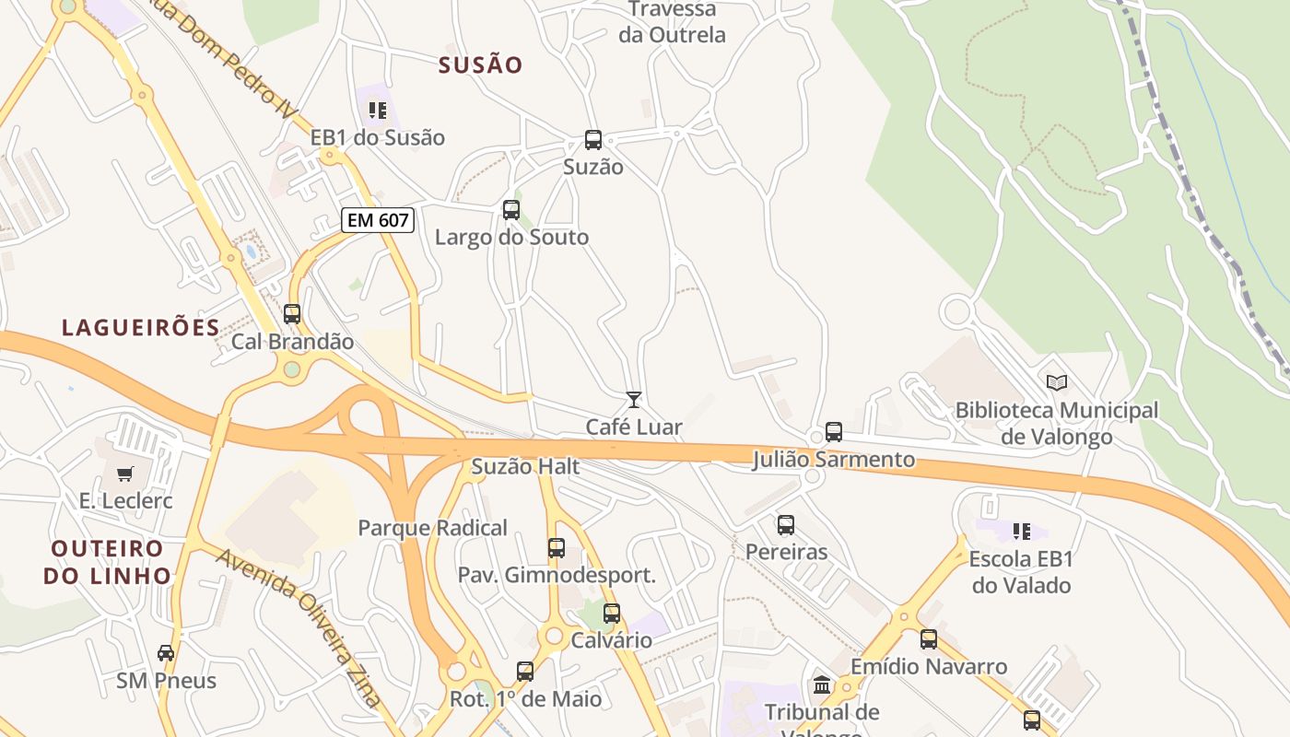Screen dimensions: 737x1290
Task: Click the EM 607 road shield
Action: (x=377, y=220)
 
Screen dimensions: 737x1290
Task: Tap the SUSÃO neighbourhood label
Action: (x=480, y=65)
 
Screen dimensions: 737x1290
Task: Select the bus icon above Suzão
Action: (x=593, y=140)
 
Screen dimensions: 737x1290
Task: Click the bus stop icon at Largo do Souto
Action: (x=511, y=210)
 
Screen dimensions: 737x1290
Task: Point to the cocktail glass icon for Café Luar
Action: (x=634, y=399)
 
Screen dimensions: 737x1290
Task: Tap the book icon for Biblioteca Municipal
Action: (x=1057, y=382)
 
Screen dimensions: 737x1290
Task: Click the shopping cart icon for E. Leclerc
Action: (x=124, y=474)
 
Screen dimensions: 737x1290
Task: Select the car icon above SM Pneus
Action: (x=166, y=653)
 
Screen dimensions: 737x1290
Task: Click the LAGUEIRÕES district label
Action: (x=141, y=327)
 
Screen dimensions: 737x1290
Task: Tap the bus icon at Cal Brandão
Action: (x=292, y=314)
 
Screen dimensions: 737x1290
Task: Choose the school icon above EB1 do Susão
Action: (x=377, y=111)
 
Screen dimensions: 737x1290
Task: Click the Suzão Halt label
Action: (x=525, y=467)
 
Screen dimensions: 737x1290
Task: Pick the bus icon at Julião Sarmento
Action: (x=834, y=431)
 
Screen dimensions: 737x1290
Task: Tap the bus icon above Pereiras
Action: (x=786, y=525)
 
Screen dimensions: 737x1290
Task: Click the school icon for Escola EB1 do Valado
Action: (x=1021, y=531)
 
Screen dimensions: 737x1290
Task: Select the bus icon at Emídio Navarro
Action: (x=929, y=638)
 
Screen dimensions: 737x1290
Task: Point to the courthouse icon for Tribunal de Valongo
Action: (x=822, y=685)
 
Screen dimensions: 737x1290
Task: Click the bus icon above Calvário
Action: (x=612, y=613)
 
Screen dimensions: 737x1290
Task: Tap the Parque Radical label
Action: (x=432, y=528)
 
